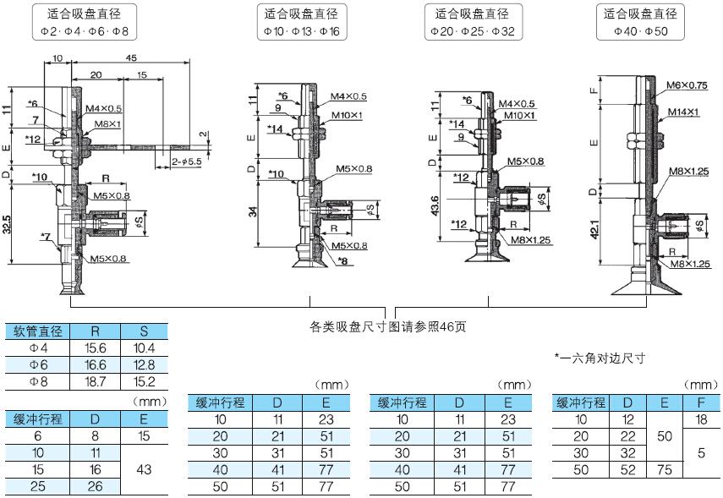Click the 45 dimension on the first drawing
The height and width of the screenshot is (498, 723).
point(131,57)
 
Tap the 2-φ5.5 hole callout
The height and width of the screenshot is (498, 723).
point(186,161)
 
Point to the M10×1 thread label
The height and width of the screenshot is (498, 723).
point(347,115)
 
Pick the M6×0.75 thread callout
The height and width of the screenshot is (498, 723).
point(686,85)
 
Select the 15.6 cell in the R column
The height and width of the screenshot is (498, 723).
point(95,348)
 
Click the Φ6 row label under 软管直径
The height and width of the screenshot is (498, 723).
point(38,365)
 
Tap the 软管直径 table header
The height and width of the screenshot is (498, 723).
point(38,331)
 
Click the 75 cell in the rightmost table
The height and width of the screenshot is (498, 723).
point(665,470)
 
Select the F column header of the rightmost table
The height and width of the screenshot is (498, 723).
point(701,402)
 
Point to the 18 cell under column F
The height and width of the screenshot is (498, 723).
point(701,419)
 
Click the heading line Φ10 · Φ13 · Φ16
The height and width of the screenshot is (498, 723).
point(302,31)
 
